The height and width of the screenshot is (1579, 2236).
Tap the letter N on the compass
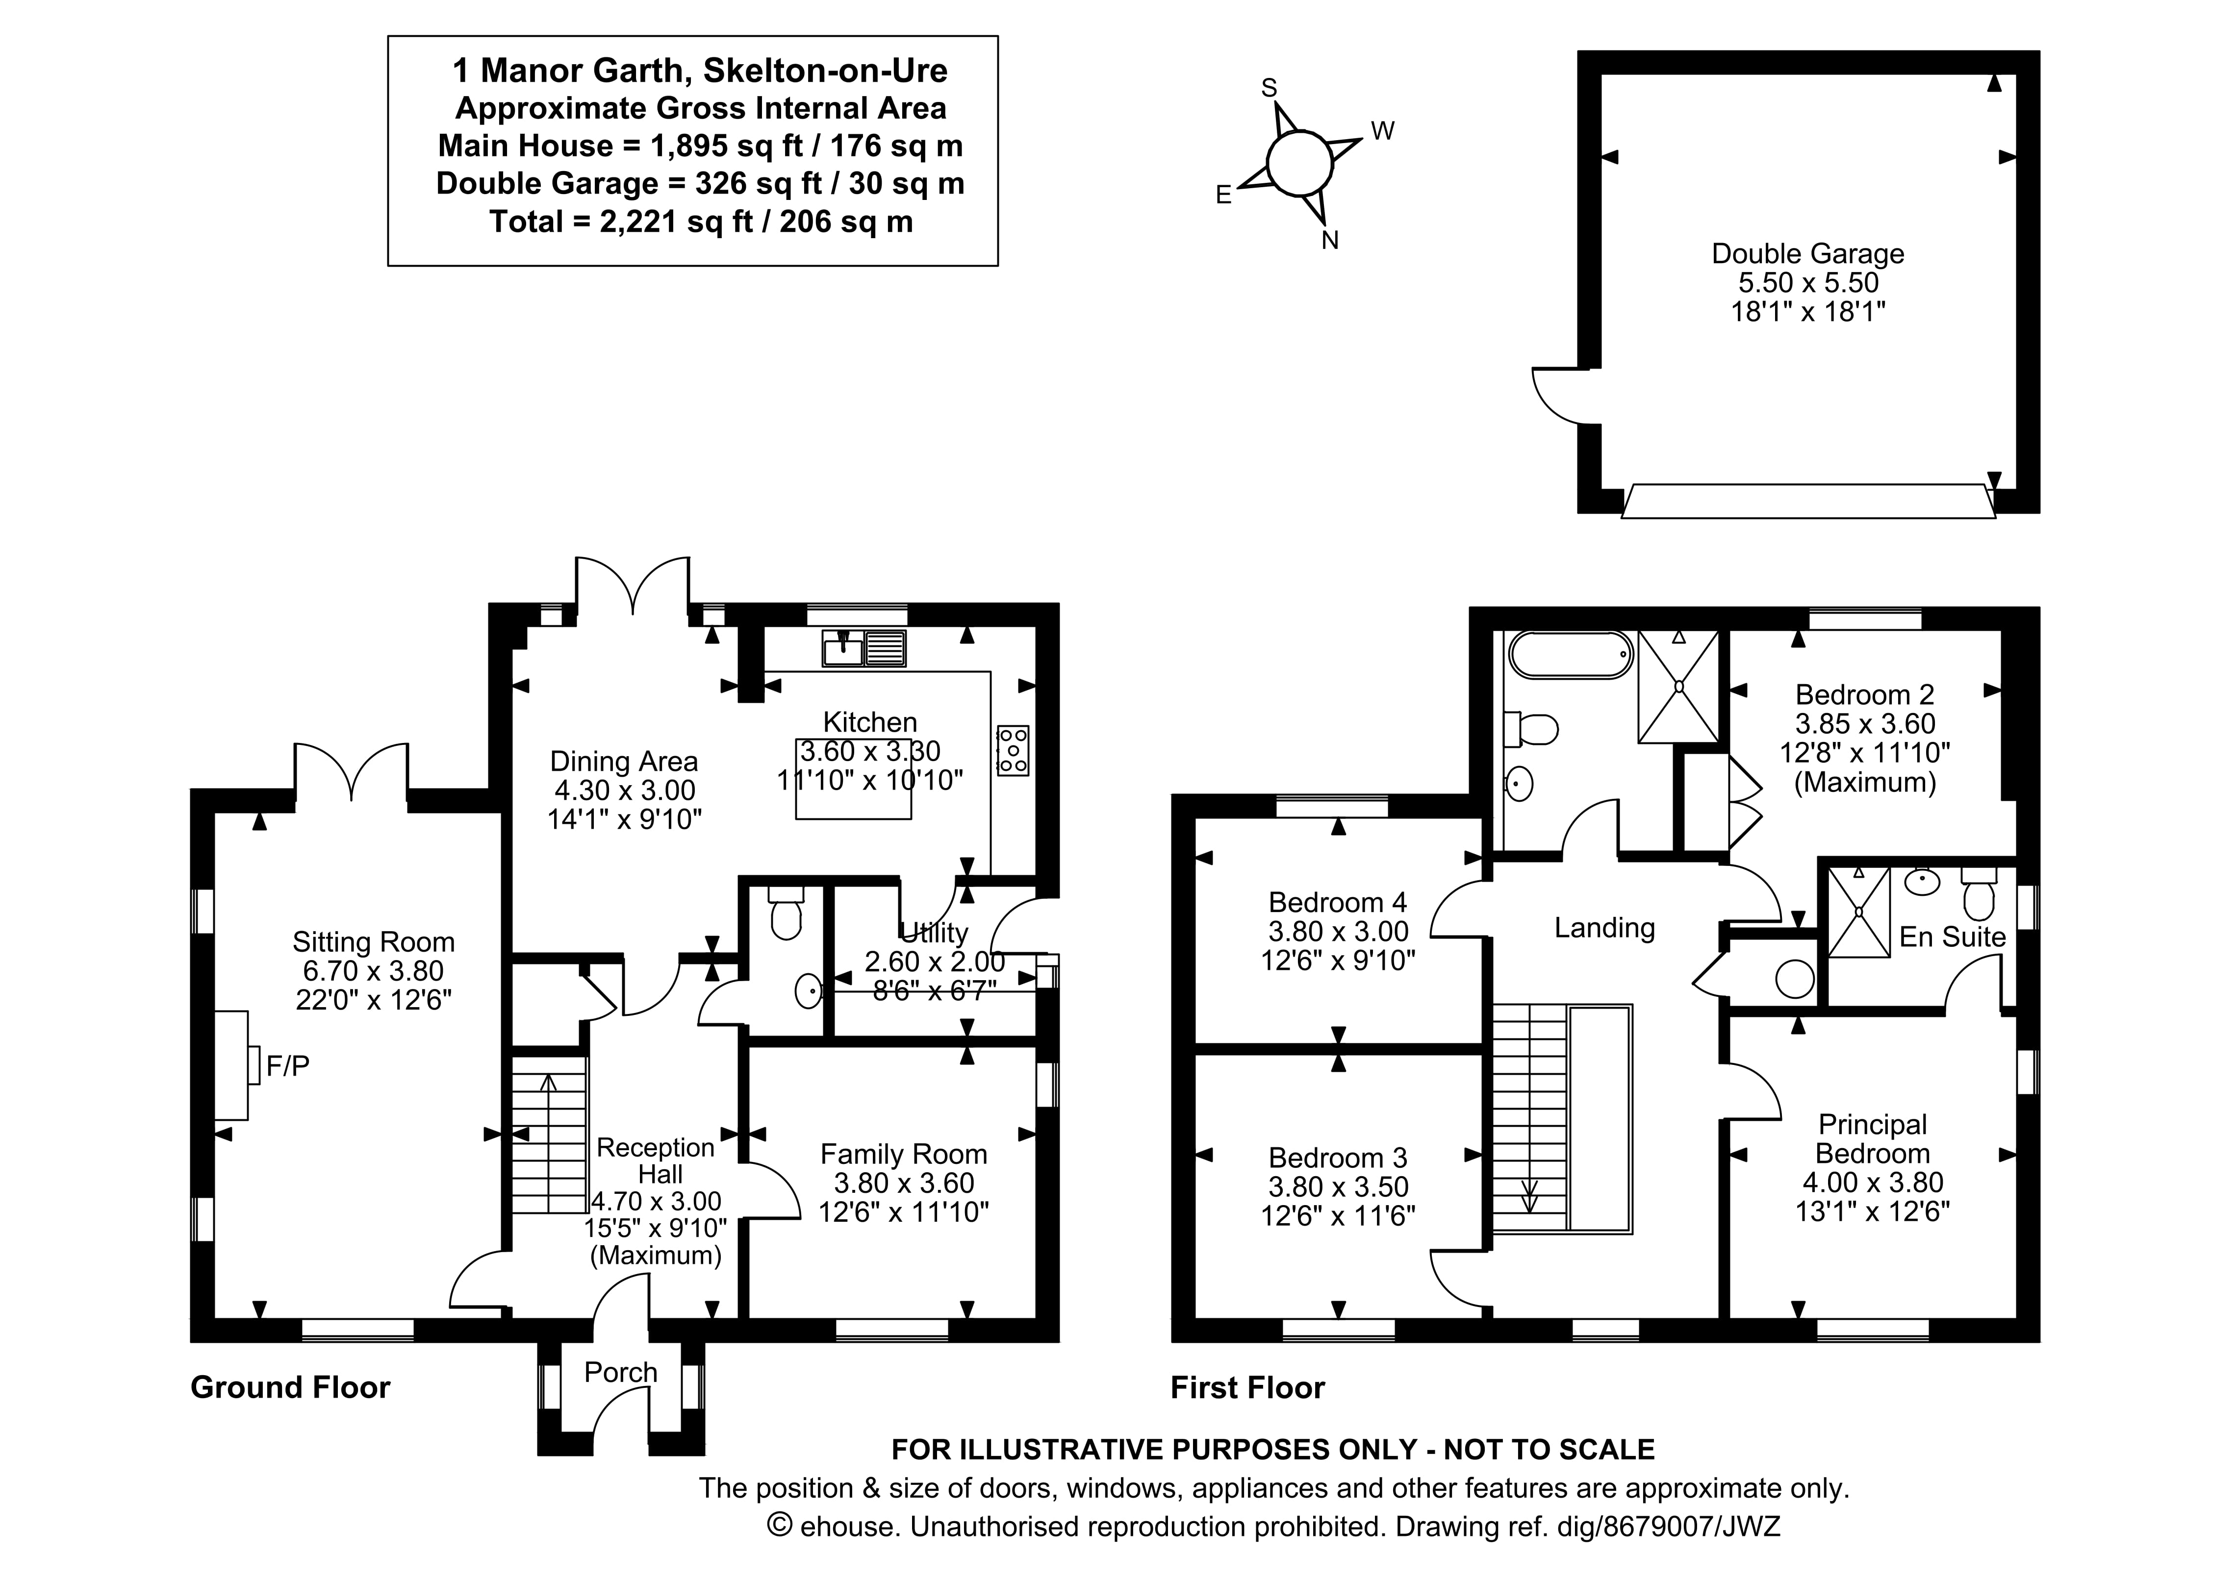click(x=1329, y=241)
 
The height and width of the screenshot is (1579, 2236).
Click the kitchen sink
click(x=864, y=648)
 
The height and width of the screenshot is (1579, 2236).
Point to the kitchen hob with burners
click(x=1013, y=750)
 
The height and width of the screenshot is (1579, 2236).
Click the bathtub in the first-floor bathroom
click(x=1570, y=654)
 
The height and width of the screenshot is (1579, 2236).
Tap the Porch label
click(x=620, y=1373)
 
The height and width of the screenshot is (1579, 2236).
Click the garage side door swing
click(x=1563, y=397)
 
